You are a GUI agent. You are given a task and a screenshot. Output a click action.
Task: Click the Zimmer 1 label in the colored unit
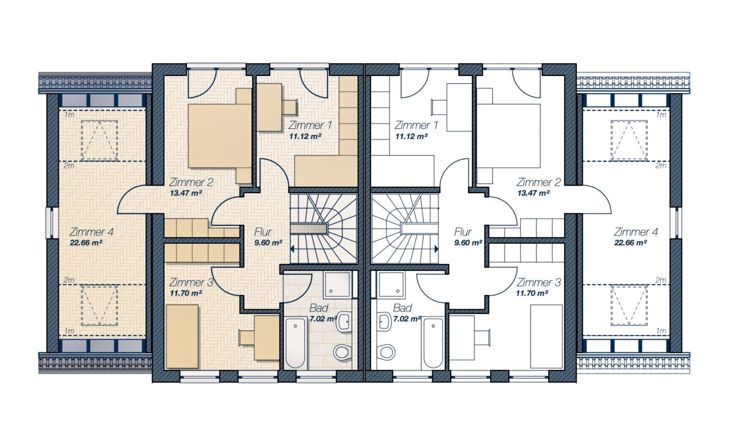[x=310, y=125]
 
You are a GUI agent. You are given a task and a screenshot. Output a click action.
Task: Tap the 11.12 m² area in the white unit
[x=411, y=136]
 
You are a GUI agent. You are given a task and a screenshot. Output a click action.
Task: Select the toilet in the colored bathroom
[x=341, y=353]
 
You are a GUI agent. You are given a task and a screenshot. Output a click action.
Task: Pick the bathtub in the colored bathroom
[x=296, y=343]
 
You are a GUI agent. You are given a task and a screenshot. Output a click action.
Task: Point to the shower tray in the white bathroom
[x=392, y=284]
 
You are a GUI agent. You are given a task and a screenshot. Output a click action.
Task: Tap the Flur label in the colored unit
[x=263, y=232]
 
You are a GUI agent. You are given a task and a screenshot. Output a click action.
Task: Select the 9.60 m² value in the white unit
[x=468, y=243]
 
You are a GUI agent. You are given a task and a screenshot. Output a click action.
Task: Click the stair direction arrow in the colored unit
[x=308, y=249]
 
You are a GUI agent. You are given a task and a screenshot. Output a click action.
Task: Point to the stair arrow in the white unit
[x=420, y=249]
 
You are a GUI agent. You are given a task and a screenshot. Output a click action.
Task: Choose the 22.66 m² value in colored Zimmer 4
[x=86, y=243]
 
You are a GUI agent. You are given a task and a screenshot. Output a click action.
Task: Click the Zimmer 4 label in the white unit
[x=635, y=232]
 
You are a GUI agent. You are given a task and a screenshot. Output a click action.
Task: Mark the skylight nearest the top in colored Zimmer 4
[x=99, y=141]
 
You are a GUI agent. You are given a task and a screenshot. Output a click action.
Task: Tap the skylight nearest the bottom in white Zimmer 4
[x=629, y=305]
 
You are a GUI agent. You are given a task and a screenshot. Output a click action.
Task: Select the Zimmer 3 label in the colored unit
[x=191, y=282]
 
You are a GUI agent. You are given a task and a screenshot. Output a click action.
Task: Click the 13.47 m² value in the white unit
[x=533, y=193]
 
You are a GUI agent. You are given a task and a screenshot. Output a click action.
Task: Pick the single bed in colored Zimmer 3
[x=183, y=337]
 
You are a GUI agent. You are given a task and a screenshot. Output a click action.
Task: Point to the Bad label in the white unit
[x=402, y=308]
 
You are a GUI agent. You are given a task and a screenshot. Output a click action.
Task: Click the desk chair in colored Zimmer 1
[x=290, y=108]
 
